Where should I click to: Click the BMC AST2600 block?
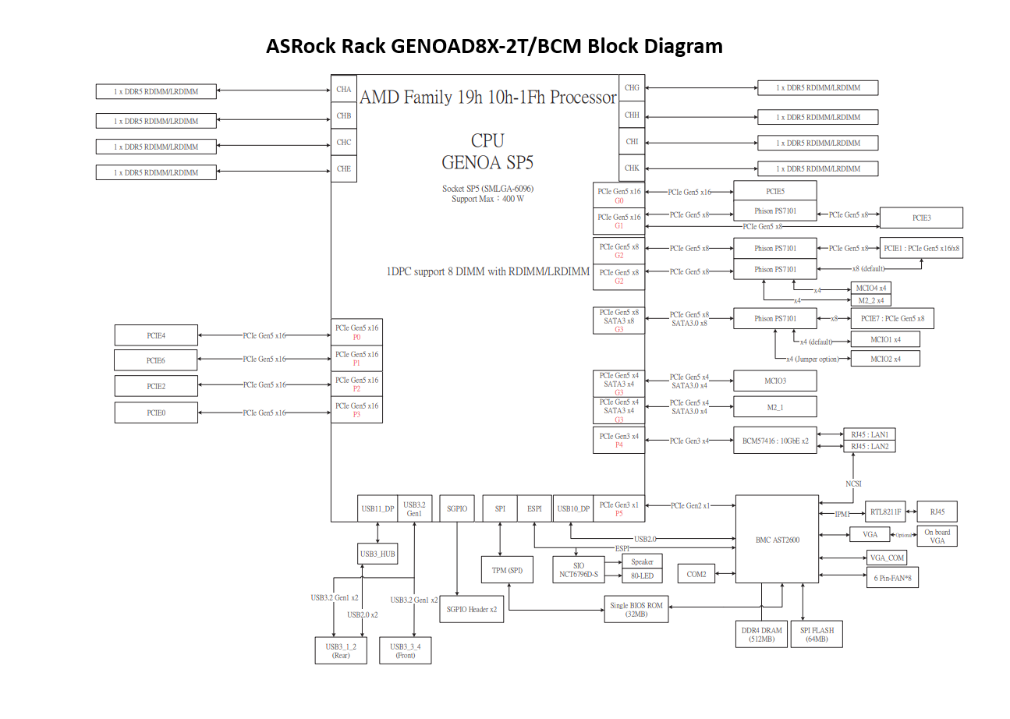[777, 539]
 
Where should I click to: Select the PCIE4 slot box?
[156, 335]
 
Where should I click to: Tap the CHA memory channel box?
[344, 90]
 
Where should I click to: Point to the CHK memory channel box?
[632, 168]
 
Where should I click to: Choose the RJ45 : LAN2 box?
[870, 446]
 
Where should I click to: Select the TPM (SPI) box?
[507, 571]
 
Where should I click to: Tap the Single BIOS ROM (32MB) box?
[636, 608]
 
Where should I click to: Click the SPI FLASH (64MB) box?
[816, 634]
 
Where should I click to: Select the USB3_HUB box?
[377, 554]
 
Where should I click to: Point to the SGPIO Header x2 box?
[471, 609]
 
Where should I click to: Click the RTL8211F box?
[885, 512]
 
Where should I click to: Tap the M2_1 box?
[774, 406]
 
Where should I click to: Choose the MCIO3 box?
[774, 381]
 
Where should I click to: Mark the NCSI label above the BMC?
[854, 483]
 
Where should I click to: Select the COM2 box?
[696, 574]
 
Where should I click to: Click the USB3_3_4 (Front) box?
[405, 650]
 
